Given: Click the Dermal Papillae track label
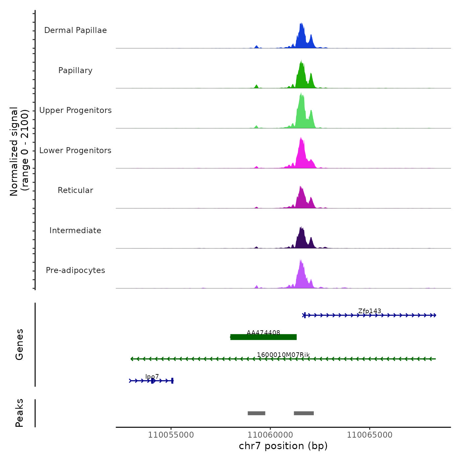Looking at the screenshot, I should tap(75, 30).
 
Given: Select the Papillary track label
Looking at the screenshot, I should tap(75, 70).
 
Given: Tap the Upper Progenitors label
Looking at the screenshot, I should tap(75, 110).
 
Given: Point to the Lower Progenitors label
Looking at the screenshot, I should tap(75, 150).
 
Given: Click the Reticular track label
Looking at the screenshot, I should tap(75, 190).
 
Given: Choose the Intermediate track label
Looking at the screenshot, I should tap(75, 230).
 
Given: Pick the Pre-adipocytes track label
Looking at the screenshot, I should tap(75, 270).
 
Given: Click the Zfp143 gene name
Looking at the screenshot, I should tap(369, 311).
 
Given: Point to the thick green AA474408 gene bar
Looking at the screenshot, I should tap(263, 337).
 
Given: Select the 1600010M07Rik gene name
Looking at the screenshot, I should tap(283, 355).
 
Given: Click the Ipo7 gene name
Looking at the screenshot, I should tap(152, 376).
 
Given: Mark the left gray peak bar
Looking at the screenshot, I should tap(257, 413).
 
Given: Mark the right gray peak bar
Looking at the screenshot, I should tap(304, 413).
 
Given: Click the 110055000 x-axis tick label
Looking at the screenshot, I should tap(171, 435).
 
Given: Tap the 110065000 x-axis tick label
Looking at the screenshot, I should tap(369, 435).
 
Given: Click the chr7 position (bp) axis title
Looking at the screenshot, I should tap(283, 446).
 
